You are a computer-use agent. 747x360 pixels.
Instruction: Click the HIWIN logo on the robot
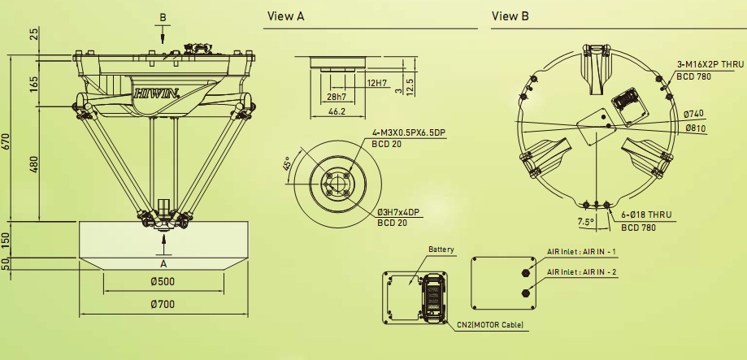(156, 93)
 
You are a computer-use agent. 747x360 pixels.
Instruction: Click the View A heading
(286, 16)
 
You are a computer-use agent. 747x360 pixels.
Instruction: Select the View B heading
(510, 16)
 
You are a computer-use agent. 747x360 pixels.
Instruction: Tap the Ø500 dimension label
(163, 281)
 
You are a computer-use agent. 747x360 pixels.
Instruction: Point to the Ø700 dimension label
(163, 304)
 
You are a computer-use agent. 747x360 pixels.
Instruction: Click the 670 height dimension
(7, 141)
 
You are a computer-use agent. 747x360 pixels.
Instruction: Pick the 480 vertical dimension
(34, 164)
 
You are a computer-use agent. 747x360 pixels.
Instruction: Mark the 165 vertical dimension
(34, 85)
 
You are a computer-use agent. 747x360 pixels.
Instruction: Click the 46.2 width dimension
(337, 111)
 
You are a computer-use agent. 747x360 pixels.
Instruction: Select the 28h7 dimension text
(337, 98)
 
